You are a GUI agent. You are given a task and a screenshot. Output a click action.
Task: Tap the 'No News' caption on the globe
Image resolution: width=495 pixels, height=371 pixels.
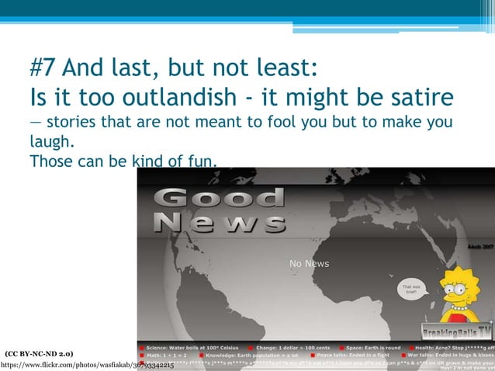[x=309, y=264]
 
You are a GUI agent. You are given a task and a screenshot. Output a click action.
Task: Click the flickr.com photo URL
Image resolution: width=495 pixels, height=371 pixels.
[x=87, y=363]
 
